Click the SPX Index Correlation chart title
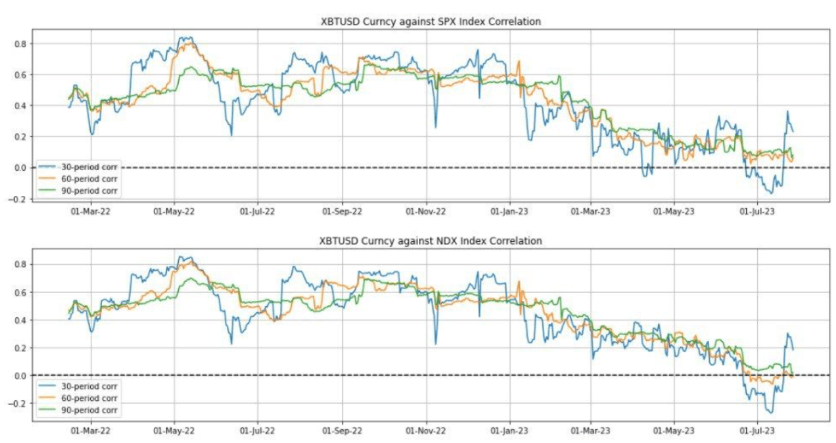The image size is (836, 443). click(x=431, y=22)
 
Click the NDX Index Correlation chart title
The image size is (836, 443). click(x=431, y=241)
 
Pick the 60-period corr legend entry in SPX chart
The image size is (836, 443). click(x=89, y=179)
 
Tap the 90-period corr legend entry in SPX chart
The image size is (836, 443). click(x=89, y=191)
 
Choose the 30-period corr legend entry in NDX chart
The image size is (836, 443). click(x=89, y=387)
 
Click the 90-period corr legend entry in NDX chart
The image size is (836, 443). click(x=89, y=410)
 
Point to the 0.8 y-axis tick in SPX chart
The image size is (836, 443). click(x=22, y=44)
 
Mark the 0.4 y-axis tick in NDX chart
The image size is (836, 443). click(x=22, y=320)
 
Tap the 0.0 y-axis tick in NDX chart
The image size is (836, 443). click(x=22, y=376)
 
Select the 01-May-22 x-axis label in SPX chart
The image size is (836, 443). click(x=174, y=212)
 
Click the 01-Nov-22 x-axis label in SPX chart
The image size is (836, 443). click(x=426, y=212)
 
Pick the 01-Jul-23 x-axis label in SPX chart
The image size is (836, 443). click(x=757, y=212)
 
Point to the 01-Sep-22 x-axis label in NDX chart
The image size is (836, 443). click(x=342, y=431)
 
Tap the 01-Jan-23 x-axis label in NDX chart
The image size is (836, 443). click(x=509, y=431)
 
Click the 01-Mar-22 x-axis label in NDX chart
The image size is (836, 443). click(x=90, y=431)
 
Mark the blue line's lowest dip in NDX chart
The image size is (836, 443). click(x=771, y=412)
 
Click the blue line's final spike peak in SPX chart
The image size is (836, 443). click(x=787, y=112)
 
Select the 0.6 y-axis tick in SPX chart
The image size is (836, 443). click(x=22, y=74)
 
